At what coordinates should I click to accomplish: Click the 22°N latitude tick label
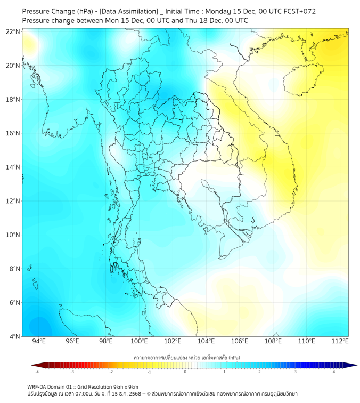[13, 31]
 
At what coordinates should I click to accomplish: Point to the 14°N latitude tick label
[13, 167]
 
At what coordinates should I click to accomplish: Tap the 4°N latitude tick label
[14, 336]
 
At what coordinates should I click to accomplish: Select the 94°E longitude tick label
[39, 341]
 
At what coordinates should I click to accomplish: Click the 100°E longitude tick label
[139, 341]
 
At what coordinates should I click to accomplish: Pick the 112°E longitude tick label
[340, 341]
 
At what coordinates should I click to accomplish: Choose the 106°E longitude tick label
[240, 341]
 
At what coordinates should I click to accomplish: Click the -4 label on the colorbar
[37, 372]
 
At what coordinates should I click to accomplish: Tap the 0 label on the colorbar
[185, 372]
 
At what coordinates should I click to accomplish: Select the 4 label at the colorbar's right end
[334, 372]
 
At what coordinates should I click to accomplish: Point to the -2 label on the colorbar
[111, 372]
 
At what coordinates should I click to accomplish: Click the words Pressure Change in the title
[48, 11]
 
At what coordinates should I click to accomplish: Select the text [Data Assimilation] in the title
[129, 11]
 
